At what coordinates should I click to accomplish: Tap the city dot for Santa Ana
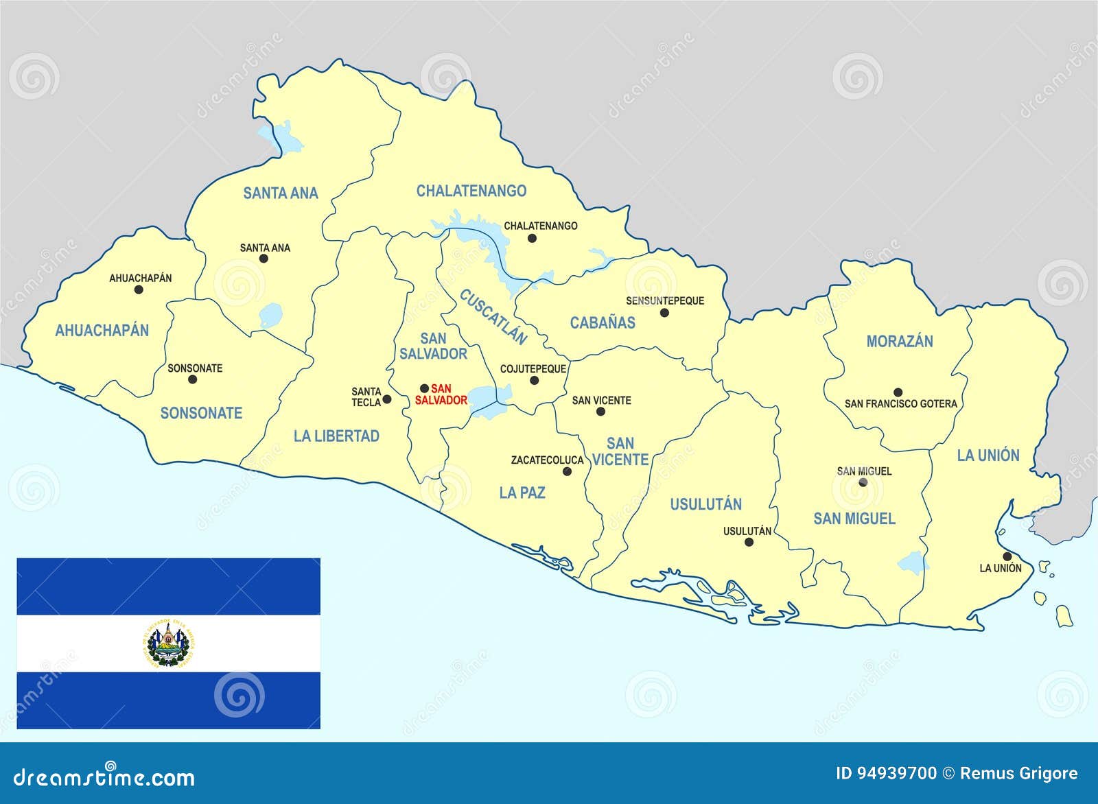pos(264,259)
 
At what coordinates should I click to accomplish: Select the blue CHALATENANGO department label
pos(471,191)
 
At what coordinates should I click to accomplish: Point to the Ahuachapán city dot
pos(139,289)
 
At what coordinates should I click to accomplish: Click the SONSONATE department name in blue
pos(201,413)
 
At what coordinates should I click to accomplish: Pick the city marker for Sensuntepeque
pos(664,313)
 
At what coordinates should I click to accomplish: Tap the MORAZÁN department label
pos(899,342)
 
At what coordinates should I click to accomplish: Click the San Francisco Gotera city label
pos(900,404)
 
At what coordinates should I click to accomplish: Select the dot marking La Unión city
pos(1007,556)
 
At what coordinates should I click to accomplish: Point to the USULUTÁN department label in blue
pos(705,504)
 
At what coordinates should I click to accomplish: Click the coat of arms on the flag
pos(169,643)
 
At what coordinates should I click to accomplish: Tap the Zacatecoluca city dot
pos(567,471)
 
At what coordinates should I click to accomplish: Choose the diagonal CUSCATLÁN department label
pos(493,317)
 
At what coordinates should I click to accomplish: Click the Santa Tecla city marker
pos(386,399)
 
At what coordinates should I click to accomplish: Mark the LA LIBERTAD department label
pos(336,436)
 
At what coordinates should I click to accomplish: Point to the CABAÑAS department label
pos(603,322)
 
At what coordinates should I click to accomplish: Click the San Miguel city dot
pos(863,482)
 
